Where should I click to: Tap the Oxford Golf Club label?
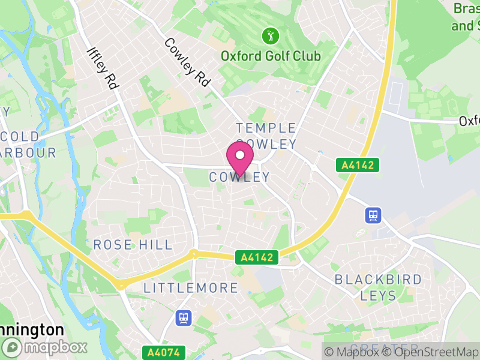[271, 56]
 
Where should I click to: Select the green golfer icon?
[271, 36]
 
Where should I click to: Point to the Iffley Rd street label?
[103, 68]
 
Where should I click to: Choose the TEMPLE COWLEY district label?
[266, 136]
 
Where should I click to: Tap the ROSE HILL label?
[133, 245]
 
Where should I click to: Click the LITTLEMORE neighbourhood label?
[191, 288]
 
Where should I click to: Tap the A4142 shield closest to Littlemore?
[257, 257]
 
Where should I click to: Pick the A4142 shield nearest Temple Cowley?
[358, 165]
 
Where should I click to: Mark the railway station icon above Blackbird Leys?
[373, 215]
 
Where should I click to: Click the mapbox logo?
[45, 347]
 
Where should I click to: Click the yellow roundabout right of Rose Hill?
[193, 253]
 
